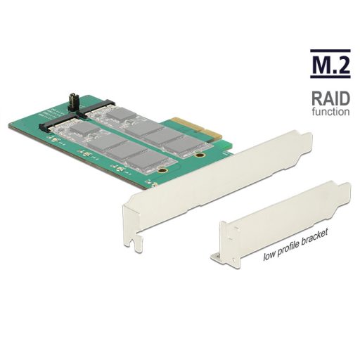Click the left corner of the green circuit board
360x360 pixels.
[11, 126]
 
